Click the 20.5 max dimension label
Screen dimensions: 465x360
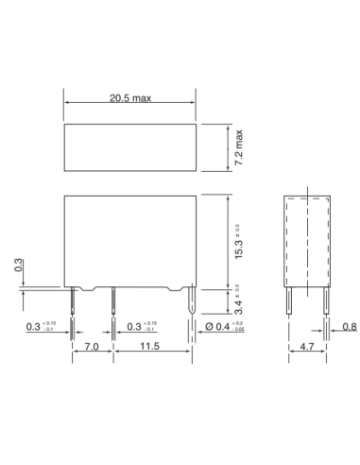tap(129, 98)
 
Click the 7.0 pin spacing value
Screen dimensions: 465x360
tap(93, 349)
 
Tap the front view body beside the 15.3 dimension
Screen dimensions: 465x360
tap(129, 241)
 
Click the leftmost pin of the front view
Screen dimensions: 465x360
tap(74, 302)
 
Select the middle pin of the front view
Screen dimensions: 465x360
tap(112, 302)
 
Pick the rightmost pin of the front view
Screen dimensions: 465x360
tap(194, 302)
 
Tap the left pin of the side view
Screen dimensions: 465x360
tap(290, 302)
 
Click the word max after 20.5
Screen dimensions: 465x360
tap(143, 98)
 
